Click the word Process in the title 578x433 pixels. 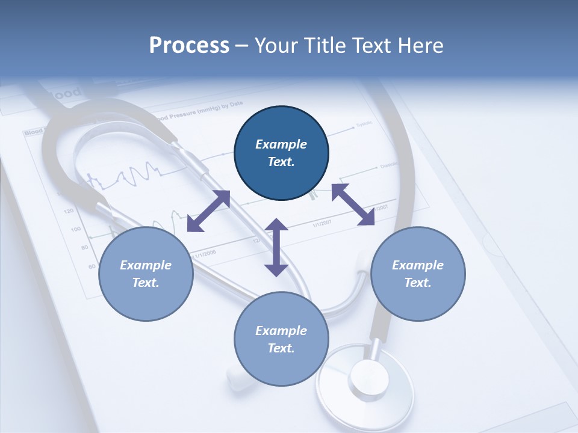click(x=189, y=46)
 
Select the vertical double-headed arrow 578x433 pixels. click(x=276, y=248)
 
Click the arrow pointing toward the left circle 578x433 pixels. click(x=208, y=211)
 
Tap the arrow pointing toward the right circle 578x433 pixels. click(x=353, y=205)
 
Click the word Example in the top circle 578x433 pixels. click(x=281, y=144)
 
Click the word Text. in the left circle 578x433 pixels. click(x=146, y=283)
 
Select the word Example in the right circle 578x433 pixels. click(x=418, y=265)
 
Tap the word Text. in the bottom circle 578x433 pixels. click(x=281, y=348)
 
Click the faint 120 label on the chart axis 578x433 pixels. click(x=68, y=211)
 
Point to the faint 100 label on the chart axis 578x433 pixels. click(x=76, y=229)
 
